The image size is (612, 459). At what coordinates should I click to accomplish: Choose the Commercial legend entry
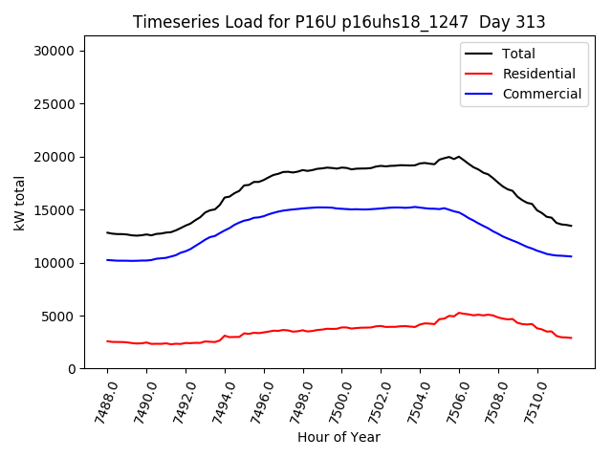pyautogui.click(x=541, y=94)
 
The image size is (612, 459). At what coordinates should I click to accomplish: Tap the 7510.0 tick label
pyautogui.click(x=528, y=400)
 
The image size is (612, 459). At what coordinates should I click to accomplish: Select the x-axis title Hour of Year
pyautogui.click(x=339, y=437)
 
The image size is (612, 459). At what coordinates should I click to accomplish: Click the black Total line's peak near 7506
pyautogui.click(x=459, y=156)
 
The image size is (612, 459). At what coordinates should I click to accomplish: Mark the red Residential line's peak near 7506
pyautogui.click(x=459, y=313)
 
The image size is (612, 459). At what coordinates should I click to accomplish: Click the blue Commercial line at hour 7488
pyautogui.click(x=107, y=260)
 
